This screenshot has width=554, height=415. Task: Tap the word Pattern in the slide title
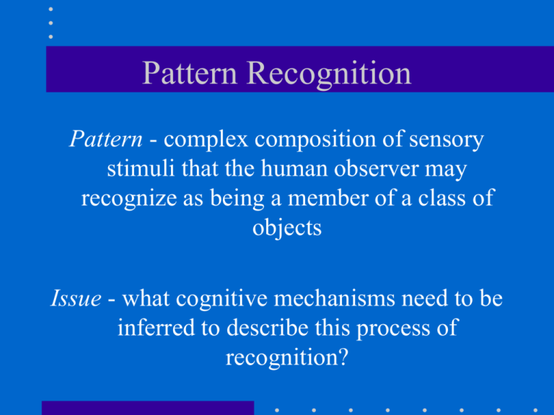tap(182, 74)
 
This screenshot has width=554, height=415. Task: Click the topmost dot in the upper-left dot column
tap(50, 9)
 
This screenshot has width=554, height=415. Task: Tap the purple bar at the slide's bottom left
tap(148, 408)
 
